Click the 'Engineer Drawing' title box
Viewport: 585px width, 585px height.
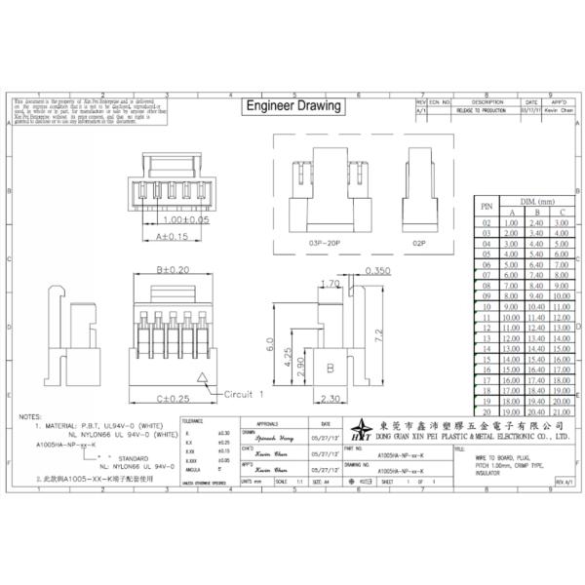tap(292, 105)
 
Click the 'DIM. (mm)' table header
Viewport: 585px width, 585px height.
tap(535, 198)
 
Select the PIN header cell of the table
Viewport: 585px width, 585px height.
tap(486, 205)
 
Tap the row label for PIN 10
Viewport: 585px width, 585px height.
tap(486, 306)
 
